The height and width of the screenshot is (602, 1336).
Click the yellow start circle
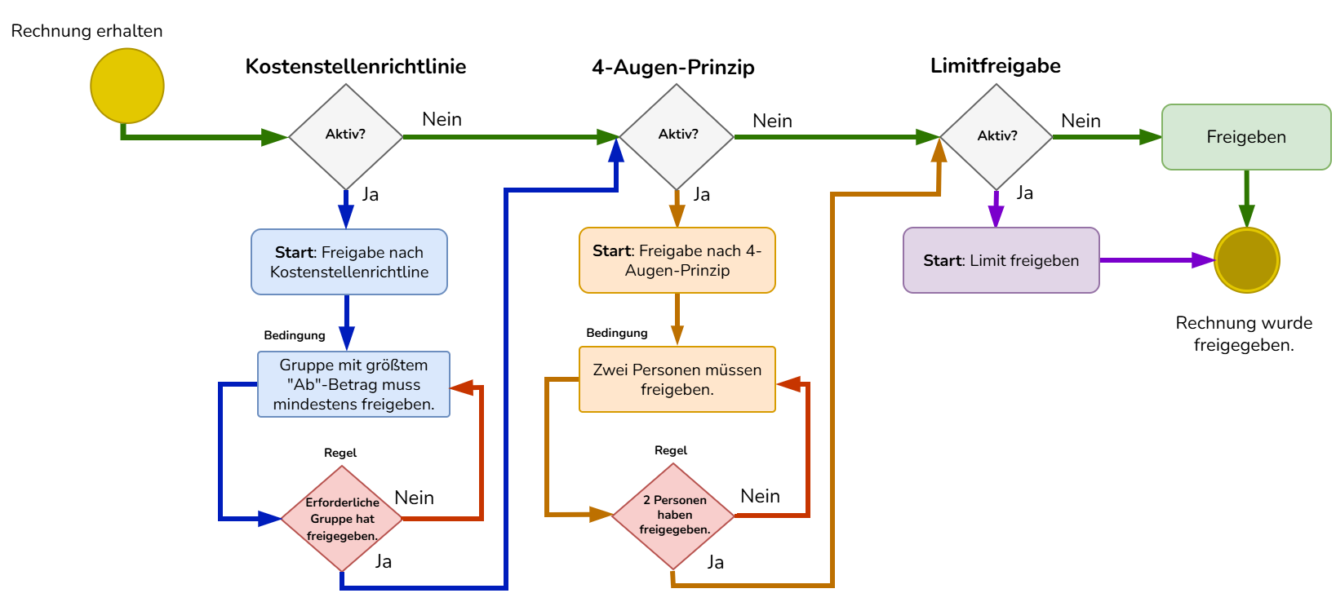tap(127, 86)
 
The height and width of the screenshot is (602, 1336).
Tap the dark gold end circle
tap(1246, 260)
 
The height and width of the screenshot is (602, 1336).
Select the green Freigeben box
tap(1246, 137)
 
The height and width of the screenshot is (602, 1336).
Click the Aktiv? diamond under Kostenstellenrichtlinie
tap(346, 136)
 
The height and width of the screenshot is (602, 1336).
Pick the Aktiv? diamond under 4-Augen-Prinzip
tap(677, 136)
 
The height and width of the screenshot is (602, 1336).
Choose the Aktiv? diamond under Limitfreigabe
tap(996, 136)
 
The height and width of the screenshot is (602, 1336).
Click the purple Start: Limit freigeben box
tap(1001, 260)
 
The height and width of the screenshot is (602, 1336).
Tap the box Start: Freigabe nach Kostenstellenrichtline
tap(349, 262)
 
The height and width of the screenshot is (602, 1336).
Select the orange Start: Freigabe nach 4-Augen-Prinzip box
tap(677, 260)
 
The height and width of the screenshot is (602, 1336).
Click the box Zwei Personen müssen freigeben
tap(677, 379)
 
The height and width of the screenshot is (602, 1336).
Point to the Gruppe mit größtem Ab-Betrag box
tap(353, 384)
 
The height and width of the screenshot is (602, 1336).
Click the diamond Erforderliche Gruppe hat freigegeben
tap(342, 519)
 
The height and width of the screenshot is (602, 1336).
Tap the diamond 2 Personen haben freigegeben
tap(673, 516)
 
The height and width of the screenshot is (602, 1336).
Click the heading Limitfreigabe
tap(996, 65)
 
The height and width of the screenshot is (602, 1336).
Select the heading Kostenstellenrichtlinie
tap(356, 66)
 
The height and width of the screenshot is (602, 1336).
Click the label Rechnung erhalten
tap(87, 31)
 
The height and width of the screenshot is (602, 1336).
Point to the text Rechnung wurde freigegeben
tap(1244, 334)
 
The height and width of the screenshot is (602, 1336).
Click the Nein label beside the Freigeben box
tap(1081, 121)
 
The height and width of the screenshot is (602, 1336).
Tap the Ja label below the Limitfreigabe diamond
tap(1025, 193)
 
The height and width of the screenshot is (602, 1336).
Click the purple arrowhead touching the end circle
tap(1203, 260)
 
